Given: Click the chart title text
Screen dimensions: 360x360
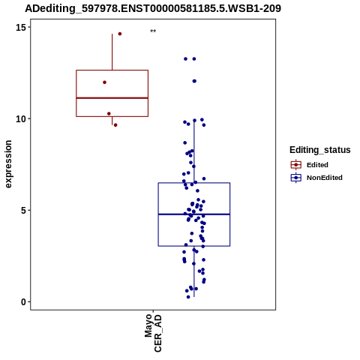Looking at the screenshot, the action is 153,8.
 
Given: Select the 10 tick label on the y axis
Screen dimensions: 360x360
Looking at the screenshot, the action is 21,118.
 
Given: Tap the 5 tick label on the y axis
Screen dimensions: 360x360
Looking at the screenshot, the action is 24,210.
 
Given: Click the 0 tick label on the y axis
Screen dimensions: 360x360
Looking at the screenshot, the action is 24,301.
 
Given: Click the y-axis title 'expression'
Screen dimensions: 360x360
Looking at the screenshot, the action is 8,164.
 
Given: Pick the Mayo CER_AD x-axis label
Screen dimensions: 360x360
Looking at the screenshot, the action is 153,333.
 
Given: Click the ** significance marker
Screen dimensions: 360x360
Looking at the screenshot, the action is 153,31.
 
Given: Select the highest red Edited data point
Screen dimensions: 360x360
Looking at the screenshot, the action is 120,34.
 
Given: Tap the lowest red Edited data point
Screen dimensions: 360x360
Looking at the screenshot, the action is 115,125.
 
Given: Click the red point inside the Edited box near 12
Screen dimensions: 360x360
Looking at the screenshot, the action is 104,82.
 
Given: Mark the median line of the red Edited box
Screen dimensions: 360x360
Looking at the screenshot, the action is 112,98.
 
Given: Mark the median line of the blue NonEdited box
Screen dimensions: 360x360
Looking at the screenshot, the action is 194,214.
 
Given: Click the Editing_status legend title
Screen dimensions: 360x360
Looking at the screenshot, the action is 320,150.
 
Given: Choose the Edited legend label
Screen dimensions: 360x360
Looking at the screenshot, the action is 317,165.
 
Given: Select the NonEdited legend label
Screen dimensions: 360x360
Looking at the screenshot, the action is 325,178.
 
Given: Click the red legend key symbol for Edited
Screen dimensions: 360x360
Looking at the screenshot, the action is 296,165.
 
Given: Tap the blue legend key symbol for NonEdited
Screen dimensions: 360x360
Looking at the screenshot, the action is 296,178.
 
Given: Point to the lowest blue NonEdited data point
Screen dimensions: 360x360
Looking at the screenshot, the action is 188,297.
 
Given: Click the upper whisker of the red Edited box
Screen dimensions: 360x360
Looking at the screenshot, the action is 112,52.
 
